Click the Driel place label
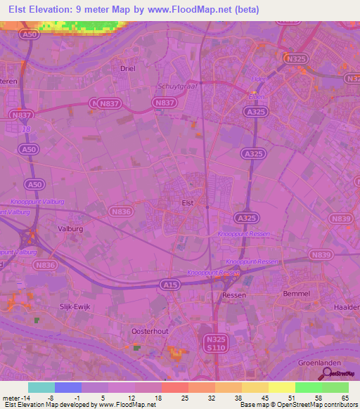point(127,69)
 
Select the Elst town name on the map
point(188,203)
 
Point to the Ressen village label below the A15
point(233,295)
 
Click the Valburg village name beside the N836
point(70,228)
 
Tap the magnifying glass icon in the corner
point(325,372)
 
